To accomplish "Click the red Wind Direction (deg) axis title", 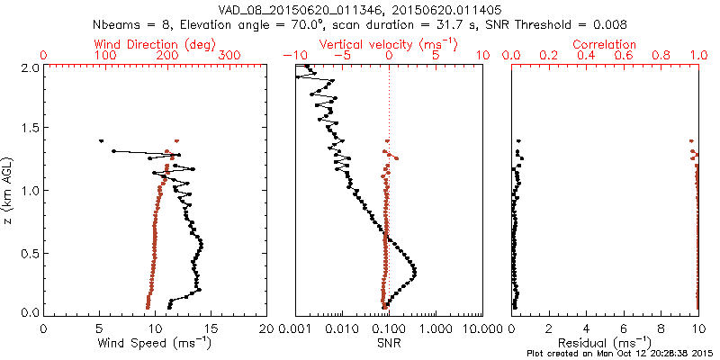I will (x=155, y=44).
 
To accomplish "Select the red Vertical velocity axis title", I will (x=388, y=44).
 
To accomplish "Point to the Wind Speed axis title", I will (x=156, y=342).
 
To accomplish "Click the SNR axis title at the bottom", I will (x=388, y=342).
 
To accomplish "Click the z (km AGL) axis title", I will (x=9, y=190).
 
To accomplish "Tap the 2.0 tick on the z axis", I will (x=30, y=67).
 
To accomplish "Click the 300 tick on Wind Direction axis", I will (x=230, y=56).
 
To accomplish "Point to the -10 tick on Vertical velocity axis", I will (x=292, y=56).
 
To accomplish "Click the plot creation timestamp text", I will (x=620, y=354).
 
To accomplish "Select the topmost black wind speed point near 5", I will (x=101, y=140).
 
